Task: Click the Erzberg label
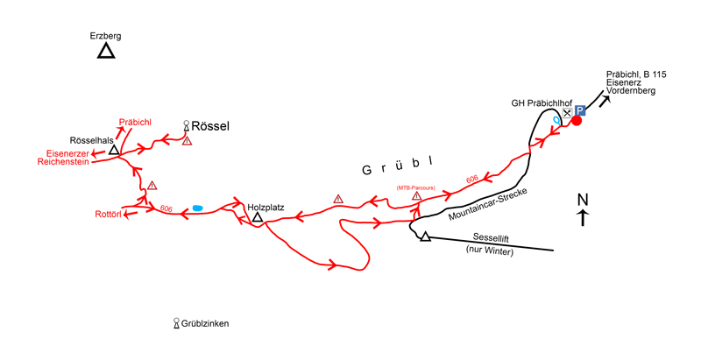click(105, 36)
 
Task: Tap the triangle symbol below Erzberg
click(106, 52)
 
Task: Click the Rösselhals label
click(91, 140)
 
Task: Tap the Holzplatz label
click(267, 199)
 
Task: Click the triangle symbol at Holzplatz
click(258, 216)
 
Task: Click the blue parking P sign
click(580, 111)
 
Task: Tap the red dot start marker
click(577, 121)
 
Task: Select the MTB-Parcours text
click(416, 187)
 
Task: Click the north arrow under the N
click(583, 219)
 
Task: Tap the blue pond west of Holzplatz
click(198, 208)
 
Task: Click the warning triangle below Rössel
click(187, 141)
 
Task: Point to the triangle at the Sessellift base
click(425, 236)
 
